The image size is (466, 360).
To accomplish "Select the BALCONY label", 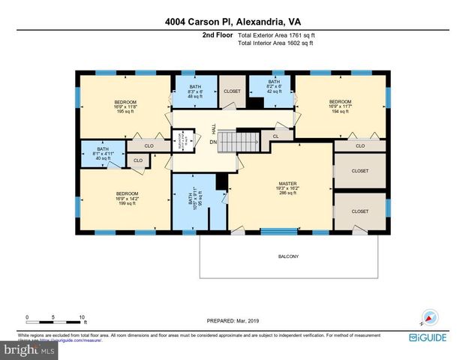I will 288,256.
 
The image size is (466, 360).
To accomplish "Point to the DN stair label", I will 213,142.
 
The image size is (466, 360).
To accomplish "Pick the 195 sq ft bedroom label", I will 125,106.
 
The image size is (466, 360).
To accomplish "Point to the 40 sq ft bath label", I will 103,153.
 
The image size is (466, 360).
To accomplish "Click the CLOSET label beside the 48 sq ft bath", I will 232,91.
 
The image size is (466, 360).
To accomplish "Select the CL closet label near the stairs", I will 276,136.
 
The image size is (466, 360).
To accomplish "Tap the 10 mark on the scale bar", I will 82,316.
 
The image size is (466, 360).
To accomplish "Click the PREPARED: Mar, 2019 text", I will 233,320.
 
